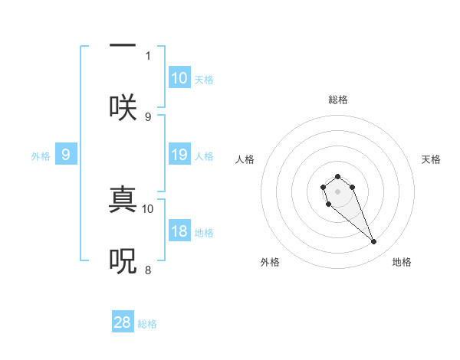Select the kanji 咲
[x=123, y=107]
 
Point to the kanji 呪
[x=123, y=260]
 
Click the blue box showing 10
[x=179, y=78]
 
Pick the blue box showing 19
[x=179, y=155]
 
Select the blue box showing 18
[x=179, y=232]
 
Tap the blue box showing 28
[x=123, y=322]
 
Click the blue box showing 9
[x=66, y=155]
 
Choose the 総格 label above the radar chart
[x=338, y=100]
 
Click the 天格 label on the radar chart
[x=432, y=159]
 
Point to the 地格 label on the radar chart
[x=402, y=262]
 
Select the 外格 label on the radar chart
[x=270, y=262]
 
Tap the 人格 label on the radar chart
[x=245, y=159]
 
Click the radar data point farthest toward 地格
[x=374, y=242]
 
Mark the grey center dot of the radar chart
[x=338, y=191]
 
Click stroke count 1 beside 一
[x=148, y=55]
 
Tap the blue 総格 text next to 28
[x=147, y=324]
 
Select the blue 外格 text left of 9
[x=41, y=156]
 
